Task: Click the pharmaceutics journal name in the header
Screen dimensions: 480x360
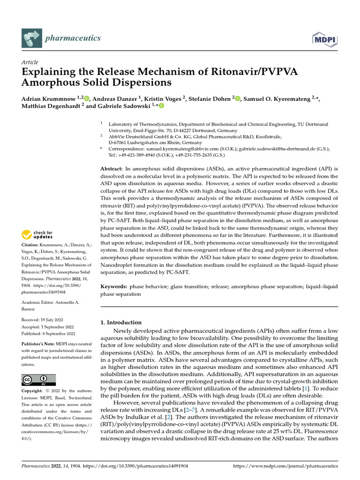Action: [x=72, y=38]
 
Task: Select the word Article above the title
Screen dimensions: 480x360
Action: [x=30, y=62]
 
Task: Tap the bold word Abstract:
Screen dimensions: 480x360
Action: [x=112, y=168]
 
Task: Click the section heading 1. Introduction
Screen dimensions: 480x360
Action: [x=121, y=322]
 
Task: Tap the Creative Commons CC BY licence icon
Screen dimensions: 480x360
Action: [x=38, y=380]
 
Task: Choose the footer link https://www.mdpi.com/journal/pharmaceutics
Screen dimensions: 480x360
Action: [x=285, y=466]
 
